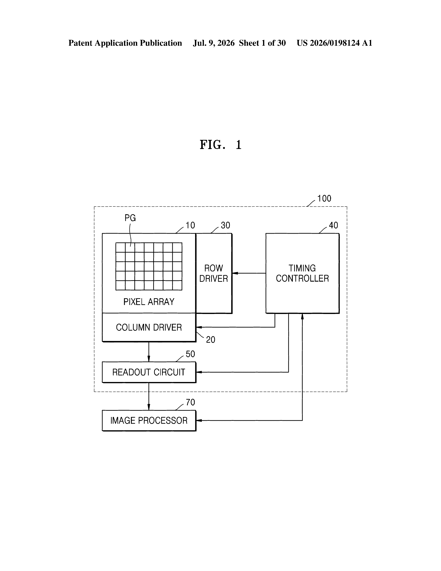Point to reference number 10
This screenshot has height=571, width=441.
click(190, 225)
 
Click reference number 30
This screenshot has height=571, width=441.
click(226, 225)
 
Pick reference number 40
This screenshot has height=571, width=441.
click(333, 225)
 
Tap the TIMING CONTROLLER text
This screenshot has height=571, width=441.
click(302, 273)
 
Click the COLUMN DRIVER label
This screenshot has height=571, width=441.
click(149, 327)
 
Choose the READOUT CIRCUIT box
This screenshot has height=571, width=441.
click(149, 372)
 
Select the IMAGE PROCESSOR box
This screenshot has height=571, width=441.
click(149, 421)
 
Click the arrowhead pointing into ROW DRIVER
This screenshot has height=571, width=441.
click(235, 273)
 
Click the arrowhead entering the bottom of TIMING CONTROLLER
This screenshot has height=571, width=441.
click(302, 316)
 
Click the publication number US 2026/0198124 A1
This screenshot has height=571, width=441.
click(334, 43)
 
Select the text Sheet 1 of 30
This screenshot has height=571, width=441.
click(262, 43)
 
